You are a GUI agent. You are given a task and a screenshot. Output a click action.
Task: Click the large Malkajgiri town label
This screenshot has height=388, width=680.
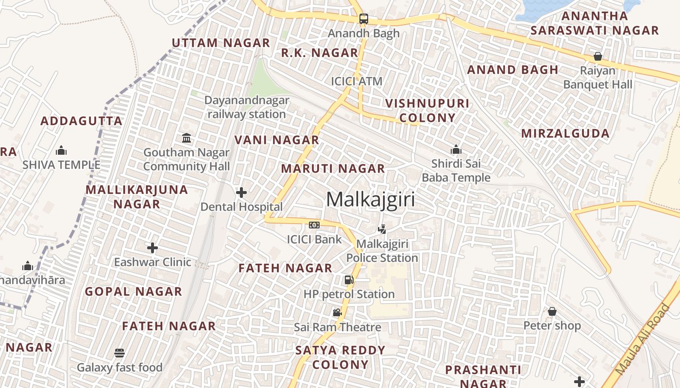coord(371,199)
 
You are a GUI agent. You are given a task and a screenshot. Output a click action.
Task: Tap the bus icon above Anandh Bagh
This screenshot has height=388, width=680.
coord(363,19)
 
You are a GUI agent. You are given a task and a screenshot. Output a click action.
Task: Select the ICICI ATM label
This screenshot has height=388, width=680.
coord(357,81)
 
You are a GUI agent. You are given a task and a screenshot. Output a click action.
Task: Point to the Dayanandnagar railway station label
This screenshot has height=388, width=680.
coord(247,107)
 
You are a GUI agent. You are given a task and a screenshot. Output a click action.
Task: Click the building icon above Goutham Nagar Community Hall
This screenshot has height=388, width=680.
coord(187,138)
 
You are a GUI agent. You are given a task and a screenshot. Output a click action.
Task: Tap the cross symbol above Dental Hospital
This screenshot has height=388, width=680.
coord(241,193)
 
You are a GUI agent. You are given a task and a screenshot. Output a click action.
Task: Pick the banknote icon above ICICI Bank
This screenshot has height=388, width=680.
coord(314,225)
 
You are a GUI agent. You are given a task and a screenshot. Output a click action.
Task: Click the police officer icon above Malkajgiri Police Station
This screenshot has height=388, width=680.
coord(382,229)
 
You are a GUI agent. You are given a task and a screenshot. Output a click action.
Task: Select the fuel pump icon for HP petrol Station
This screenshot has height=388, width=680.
coord(349,280)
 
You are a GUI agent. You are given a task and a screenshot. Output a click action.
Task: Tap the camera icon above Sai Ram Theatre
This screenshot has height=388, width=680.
coord(337,313)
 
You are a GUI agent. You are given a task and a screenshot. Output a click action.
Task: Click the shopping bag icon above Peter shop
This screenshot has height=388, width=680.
coord(552,311)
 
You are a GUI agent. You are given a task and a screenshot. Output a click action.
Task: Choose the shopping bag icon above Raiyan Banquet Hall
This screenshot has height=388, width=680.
coord(598,56)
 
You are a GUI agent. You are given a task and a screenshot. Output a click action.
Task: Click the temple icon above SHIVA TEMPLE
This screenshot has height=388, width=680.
coord(61,150)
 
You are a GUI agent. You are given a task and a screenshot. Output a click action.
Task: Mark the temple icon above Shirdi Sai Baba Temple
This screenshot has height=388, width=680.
coord(456,149)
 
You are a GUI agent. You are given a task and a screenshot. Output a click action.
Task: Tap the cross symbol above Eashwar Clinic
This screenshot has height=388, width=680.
coord(153,248)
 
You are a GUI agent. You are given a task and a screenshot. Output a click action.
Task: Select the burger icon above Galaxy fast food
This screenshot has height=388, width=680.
coord(119,353)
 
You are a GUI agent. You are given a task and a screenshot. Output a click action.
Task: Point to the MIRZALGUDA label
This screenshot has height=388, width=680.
coord(565,133)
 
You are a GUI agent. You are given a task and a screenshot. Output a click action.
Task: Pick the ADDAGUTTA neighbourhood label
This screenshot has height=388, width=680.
coord(81,121)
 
